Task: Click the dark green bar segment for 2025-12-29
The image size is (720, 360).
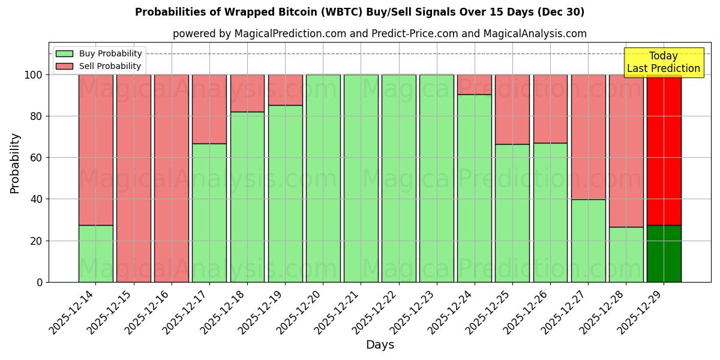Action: (x=664, y=254)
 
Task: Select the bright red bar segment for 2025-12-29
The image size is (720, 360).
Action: (x=664, y=150)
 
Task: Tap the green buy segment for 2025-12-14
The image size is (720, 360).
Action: (x=95, y=254)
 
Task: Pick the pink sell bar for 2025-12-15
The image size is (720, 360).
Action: (x=133, y=178)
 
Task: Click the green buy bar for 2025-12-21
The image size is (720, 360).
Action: (x=361, y=178)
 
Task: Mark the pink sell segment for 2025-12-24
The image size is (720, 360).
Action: (x=474, y=85)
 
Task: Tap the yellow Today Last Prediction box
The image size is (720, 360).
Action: (x=664, y=62)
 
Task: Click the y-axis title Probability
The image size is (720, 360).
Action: (x=15, y=163)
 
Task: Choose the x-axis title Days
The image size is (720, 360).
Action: (x=380, y=345)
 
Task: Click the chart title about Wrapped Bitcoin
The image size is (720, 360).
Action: (x=359, y=12)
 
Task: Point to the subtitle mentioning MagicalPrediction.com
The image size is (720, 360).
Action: (x=379, y=34)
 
